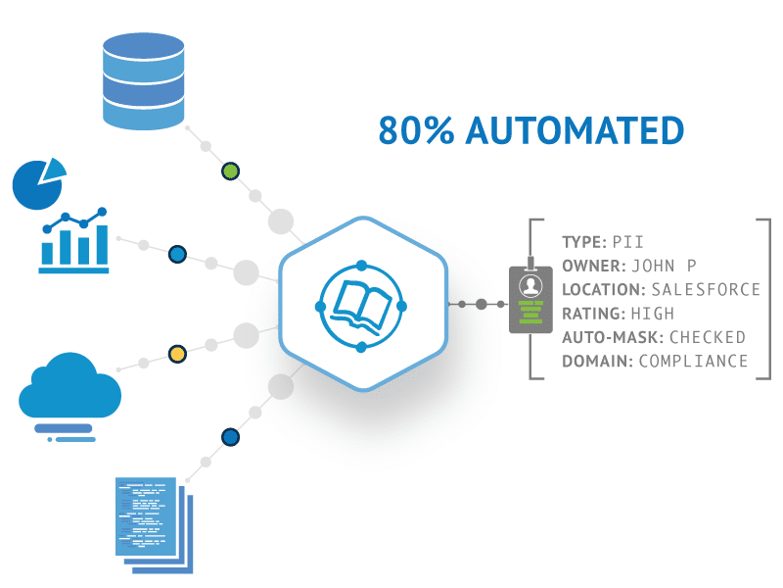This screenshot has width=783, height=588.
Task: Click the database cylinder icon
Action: [143, 81]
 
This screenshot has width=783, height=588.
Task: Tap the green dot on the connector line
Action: [230, 171]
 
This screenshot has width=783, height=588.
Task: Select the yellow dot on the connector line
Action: [177, 353]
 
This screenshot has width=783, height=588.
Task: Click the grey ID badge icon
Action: [530, 299]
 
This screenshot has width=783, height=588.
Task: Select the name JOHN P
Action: [664, 266]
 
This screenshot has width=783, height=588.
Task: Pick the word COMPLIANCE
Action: [693, 362]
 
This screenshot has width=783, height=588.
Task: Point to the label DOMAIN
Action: [596, 362]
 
